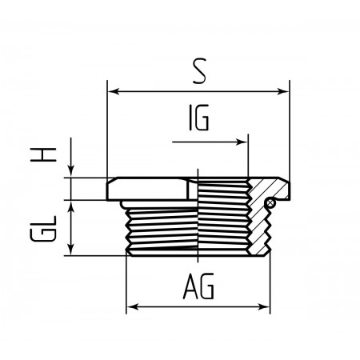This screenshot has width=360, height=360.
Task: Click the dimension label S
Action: pyautogui.click(x=199, y=70)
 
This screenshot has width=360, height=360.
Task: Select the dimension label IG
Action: pyautogui.click(x=199, y=118)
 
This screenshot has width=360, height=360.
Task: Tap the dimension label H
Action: pyautogui.click(x=43, y=154)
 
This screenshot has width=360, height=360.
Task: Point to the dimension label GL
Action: pyautogui.click(x=43, y=229)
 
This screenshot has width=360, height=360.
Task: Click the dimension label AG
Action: pyautogui.click(x=198, y=286)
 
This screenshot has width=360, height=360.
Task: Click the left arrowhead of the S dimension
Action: pyautogui.click(x=114, y=92)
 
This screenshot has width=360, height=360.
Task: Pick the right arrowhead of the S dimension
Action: pyautogui.click(x=283, y=92)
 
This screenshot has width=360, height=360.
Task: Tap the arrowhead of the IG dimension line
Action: pyautogui.click(x=242, y=142)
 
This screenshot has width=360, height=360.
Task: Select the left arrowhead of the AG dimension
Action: pyautogui.click(x=132, y=307)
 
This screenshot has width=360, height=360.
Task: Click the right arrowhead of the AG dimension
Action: pyautogui.click(x=264, y=307)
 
